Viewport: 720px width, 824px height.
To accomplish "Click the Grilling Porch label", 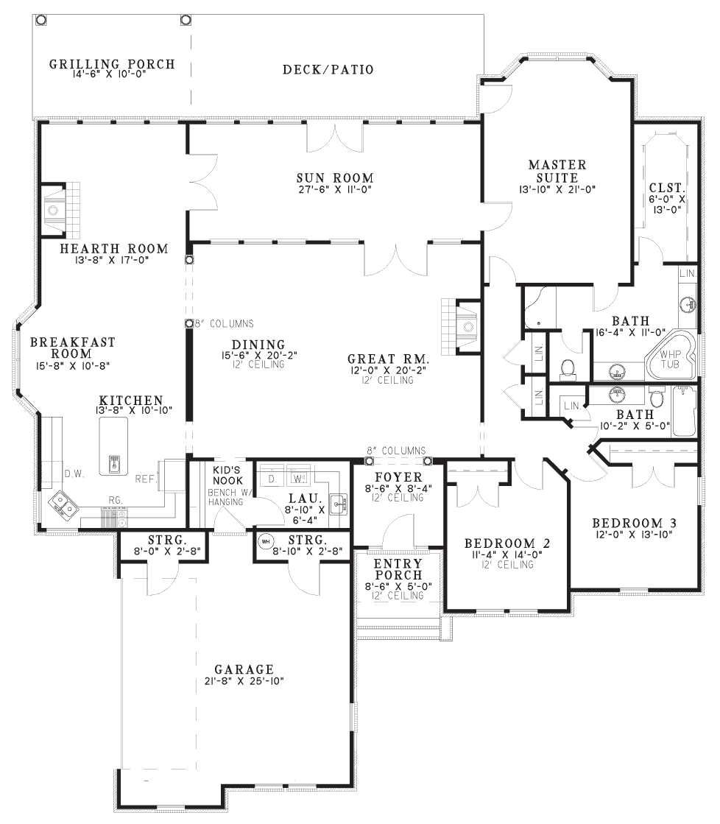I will (112, 64).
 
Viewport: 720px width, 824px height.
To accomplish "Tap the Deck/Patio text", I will (328, 69).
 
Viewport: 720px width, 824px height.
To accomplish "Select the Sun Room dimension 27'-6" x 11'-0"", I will (335, 189).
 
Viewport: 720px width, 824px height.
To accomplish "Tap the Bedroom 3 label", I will (634, 524).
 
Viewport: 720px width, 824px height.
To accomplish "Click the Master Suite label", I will (557, 171).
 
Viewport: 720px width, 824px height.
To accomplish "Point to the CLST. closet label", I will (666, 187).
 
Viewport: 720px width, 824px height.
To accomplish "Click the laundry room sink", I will (339, 504).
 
